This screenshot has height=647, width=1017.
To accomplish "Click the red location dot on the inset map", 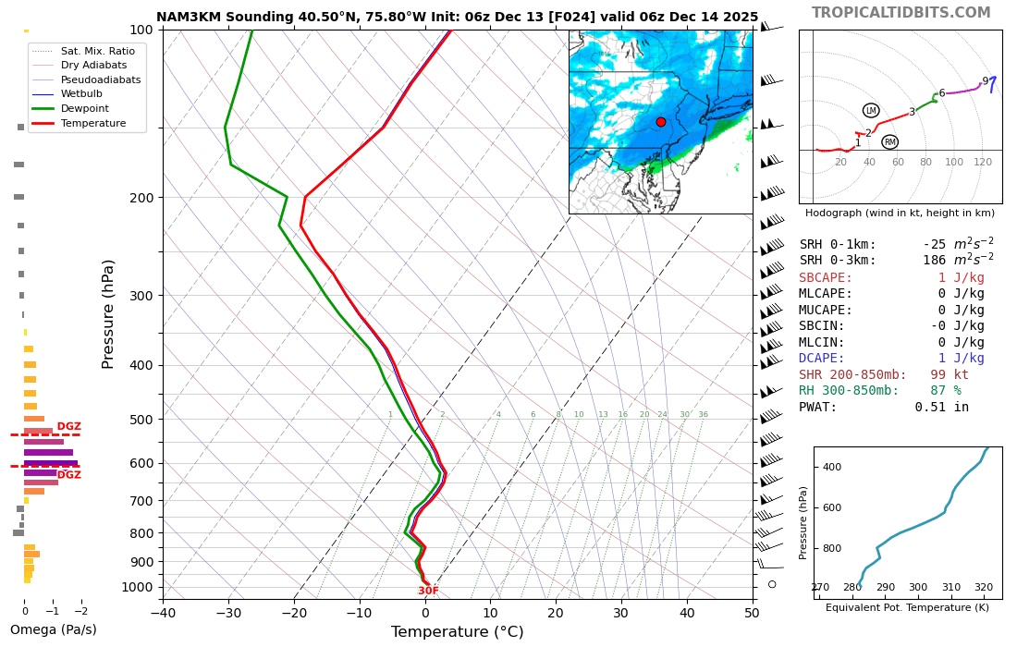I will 660,122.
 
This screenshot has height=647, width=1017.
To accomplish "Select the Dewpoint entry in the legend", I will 85,108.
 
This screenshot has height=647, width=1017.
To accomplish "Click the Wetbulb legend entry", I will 81,93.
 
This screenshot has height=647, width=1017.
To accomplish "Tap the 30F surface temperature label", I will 428,592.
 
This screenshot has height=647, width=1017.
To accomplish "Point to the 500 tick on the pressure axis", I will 141,420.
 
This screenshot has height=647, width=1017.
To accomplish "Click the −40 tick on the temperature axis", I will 163,612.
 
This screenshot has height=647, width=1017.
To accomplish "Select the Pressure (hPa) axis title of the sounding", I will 109,314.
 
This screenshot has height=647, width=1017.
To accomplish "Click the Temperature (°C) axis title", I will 457,632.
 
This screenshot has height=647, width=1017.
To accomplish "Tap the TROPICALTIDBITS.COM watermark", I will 901,13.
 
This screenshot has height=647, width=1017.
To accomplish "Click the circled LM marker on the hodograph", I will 870,111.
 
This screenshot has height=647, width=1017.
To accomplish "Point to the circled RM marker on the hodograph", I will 889,142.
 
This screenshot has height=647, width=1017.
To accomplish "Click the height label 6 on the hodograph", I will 941,93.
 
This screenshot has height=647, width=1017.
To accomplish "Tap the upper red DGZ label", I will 68,427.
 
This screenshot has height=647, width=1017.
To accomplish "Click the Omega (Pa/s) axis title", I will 53,630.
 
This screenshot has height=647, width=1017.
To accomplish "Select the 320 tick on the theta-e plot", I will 983,587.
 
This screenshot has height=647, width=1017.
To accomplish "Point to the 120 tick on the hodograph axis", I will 982,163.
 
